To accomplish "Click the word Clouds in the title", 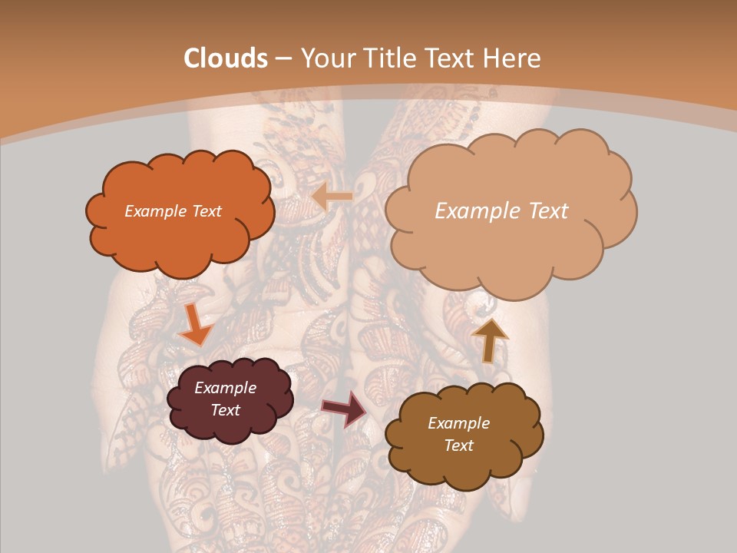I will [x=226, y=58].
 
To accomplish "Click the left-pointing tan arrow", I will [x=332, y=197].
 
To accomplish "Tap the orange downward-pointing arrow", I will [x=194, y=326].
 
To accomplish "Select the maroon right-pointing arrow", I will [x=345, y=409].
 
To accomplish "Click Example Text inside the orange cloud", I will [x=173, y=211].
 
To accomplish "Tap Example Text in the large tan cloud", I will [x=501, y=211].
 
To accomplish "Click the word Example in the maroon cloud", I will [x=225, y=388].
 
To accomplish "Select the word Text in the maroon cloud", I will [x=225, y=410].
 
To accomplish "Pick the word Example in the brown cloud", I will [x=458, y=423].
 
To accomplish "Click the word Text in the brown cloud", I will [x=458, y=445].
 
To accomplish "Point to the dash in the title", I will [x=283, y=58].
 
